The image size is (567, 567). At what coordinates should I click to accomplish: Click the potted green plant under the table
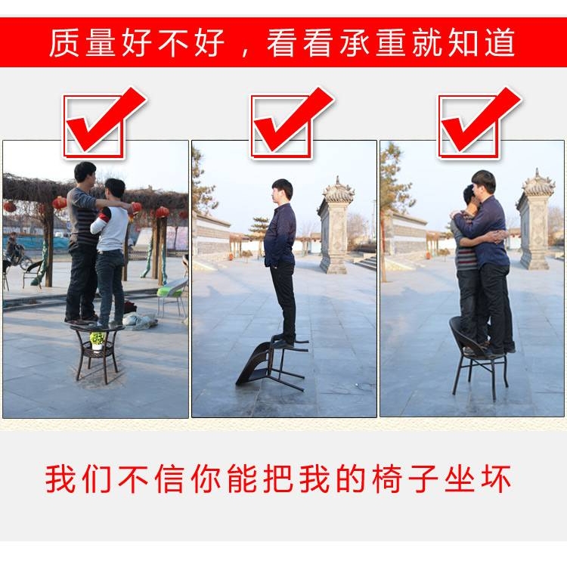98,340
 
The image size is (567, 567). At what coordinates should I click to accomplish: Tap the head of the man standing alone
283,191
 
